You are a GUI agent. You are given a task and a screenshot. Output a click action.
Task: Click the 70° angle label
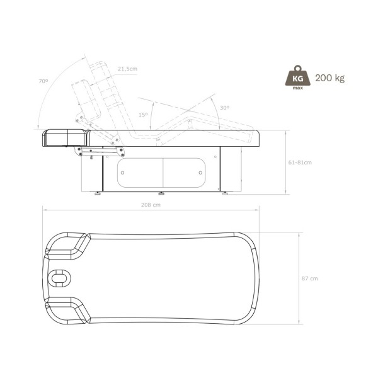[x=43, y=81]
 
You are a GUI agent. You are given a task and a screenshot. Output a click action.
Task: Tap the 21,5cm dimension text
[x=127, y=69]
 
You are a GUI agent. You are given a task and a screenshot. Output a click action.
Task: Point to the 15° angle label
[x=144, y=115]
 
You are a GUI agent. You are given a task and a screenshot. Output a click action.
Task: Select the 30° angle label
[x=225, y=108]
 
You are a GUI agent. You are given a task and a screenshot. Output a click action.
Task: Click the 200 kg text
[x=330, y=78]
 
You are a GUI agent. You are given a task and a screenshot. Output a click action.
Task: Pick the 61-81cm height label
[x=300, y=162]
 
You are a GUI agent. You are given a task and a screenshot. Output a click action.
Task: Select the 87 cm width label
[x=309, y=278]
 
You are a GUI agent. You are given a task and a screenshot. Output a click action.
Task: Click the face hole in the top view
[x=61, y=277]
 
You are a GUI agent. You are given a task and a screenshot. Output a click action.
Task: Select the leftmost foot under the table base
[x=98, y=194]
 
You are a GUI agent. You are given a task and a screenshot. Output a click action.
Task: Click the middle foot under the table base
[x=162, y=194]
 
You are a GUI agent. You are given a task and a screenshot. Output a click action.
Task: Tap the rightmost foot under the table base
[x=226, y=194]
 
